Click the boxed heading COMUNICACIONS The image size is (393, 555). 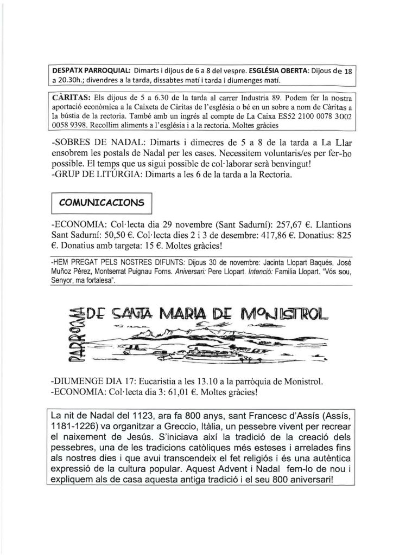[102, 204]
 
